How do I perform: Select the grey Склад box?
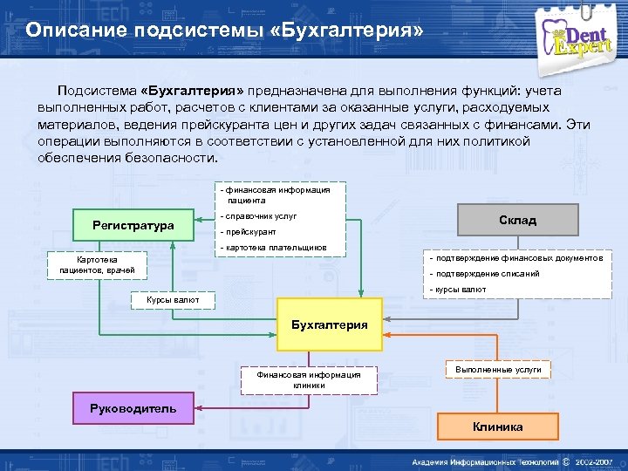[x=518, y=221]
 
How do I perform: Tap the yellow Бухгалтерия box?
[x=329, y=325]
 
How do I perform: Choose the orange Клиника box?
[x=498, y=427]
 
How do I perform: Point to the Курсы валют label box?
[x=173, y=300]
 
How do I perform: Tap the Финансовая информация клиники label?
[x=309, y=379]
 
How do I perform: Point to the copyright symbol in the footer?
[x=567, y=461]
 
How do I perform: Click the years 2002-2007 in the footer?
[x=594, y=461]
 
